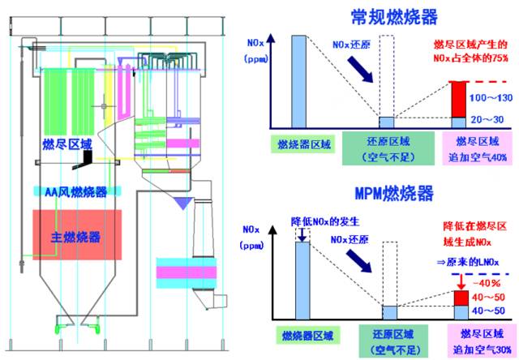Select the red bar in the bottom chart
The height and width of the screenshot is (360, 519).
(x=458, y=297)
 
